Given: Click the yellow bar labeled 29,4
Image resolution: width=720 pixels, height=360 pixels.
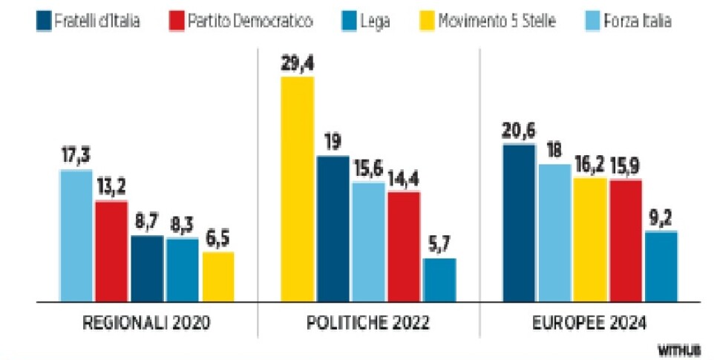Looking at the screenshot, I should click(x=297, y=189).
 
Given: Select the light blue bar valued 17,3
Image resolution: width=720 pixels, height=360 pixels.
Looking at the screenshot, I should click(x=76, y=236).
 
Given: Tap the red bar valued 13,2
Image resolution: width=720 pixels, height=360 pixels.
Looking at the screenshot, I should click(x=111, y=251).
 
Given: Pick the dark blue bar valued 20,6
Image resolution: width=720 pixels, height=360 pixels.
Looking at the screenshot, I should click(x=518, y=223).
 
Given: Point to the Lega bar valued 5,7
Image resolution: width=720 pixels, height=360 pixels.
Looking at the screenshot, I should click(x=439, y=280).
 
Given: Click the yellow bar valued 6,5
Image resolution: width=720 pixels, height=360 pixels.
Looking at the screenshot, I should click(x=217, y=277).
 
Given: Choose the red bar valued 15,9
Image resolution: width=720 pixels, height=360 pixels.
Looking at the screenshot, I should click(x=625, y=240).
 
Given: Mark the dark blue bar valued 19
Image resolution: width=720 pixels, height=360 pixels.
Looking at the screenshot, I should click(x=333, y=229).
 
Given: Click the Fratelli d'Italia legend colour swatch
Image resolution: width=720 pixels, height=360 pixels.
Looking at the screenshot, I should click(x=45, y=21).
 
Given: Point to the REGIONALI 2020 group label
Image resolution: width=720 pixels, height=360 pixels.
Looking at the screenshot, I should click(x=147, y=324).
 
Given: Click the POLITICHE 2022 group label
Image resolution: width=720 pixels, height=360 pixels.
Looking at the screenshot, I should click(x=368, y=324).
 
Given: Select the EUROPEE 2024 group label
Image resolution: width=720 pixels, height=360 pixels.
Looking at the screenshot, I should click(x=589, y=324).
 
